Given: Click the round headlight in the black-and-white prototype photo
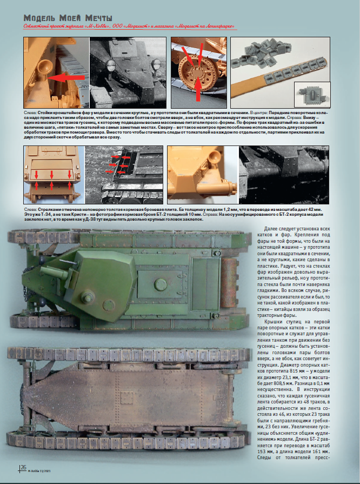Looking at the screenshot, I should (111, 65).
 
